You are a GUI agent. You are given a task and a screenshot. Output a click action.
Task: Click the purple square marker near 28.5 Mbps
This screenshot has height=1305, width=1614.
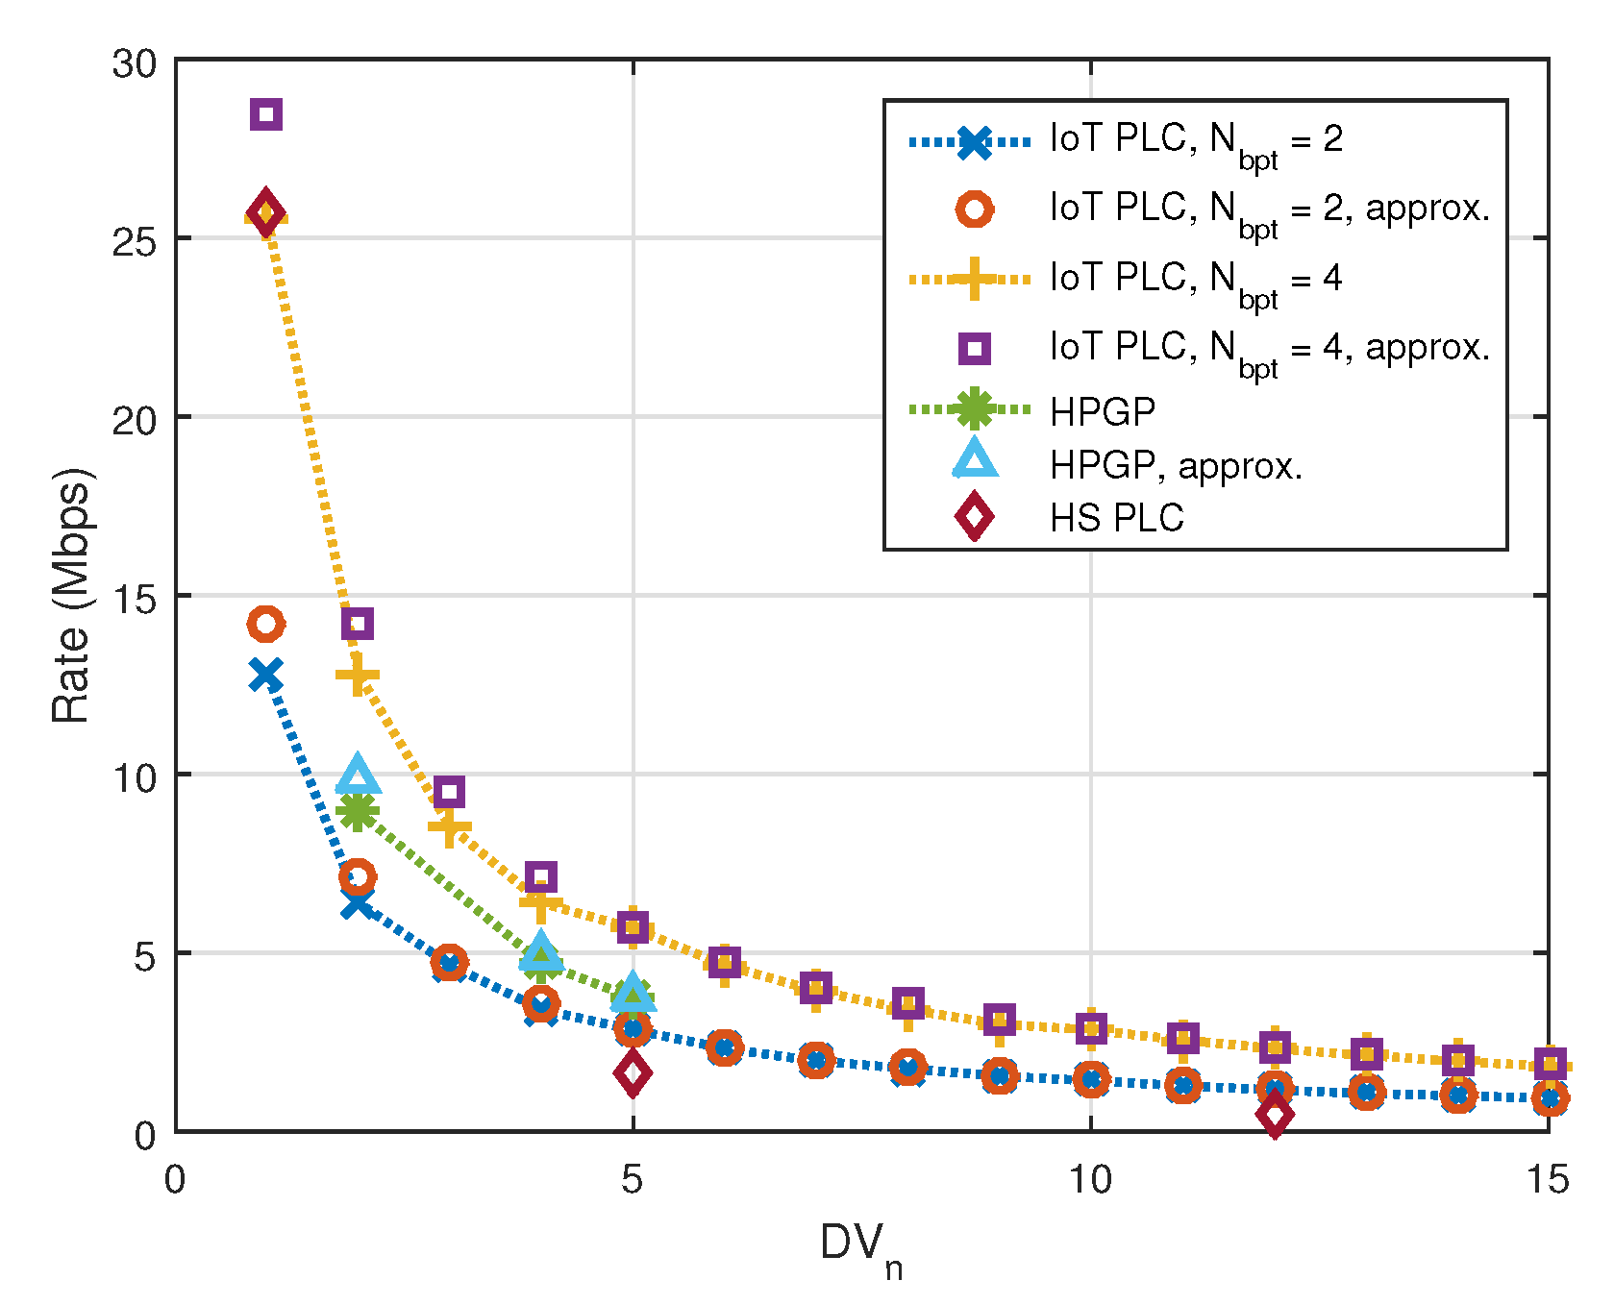pos(266,114)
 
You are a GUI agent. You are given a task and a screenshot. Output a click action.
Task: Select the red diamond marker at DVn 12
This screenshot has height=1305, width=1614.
pos(1275,1115)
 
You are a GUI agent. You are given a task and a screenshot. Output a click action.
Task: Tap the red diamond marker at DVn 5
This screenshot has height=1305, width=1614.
pos(633,1072)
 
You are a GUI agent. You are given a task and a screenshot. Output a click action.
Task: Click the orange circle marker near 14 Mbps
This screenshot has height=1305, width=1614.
pos(266,624)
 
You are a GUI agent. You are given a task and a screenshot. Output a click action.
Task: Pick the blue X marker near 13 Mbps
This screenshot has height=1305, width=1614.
pos(266,676)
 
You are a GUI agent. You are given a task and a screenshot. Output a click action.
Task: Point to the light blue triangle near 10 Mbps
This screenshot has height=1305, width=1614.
pos(358,774)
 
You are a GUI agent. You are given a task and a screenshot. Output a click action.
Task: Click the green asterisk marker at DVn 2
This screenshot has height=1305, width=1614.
pos(358,812)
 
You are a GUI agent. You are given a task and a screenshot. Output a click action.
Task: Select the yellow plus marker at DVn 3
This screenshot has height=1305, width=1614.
pos(449,827)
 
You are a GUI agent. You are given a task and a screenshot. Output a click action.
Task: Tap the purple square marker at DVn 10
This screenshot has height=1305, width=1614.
pos(1091,1028)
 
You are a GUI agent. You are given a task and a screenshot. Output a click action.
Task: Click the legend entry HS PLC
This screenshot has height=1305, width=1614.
pos(1116,518)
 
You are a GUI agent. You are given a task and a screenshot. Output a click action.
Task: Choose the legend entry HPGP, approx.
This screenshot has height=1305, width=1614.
pos(1175,466)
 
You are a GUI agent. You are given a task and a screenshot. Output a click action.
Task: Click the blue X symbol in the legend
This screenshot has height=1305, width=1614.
pos(974,142)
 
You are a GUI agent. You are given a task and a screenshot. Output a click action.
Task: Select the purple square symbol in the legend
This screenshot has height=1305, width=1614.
pos(974,348)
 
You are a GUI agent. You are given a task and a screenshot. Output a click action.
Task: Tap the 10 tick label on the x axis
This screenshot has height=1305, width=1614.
pos(1091,1179)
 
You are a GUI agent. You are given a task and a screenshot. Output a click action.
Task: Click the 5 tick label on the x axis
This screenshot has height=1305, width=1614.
pos(633,1179)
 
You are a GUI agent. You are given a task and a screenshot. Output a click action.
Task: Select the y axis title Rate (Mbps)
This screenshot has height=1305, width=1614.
pos(72,596)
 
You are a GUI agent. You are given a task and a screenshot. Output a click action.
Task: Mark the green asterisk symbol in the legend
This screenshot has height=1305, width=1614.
pos(974,409)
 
